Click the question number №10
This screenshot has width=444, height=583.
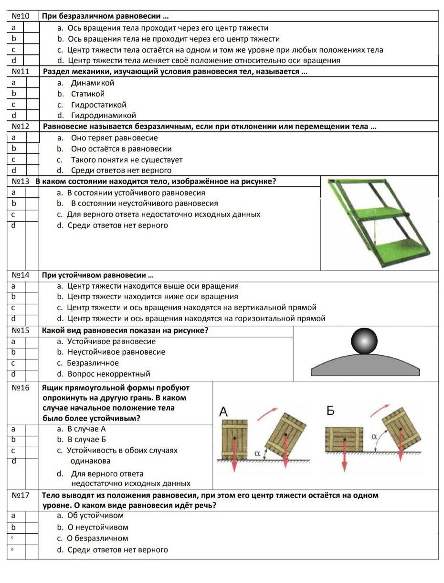pos(21,16)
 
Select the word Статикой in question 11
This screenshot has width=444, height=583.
pos(87,94)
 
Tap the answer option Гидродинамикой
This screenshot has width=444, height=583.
pos(103,115)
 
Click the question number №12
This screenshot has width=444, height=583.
pos(21,126)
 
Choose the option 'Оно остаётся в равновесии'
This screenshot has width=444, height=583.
pos(121,149)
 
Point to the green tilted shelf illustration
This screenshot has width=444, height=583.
pos(379,223)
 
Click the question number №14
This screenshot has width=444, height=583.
pos(21,275)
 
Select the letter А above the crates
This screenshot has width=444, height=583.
pos(223,411)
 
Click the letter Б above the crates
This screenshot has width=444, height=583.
pos(331,410)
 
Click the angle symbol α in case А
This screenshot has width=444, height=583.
pos(257,454)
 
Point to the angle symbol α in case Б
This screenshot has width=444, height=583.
pos(374,436)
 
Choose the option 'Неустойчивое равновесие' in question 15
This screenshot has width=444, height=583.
pos(116,352)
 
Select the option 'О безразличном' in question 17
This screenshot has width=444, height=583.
pos(98,538)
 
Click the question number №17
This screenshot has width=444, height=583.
pos(21,495)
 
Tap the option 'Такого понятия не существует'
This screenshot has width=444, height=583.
pos(127,160)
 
